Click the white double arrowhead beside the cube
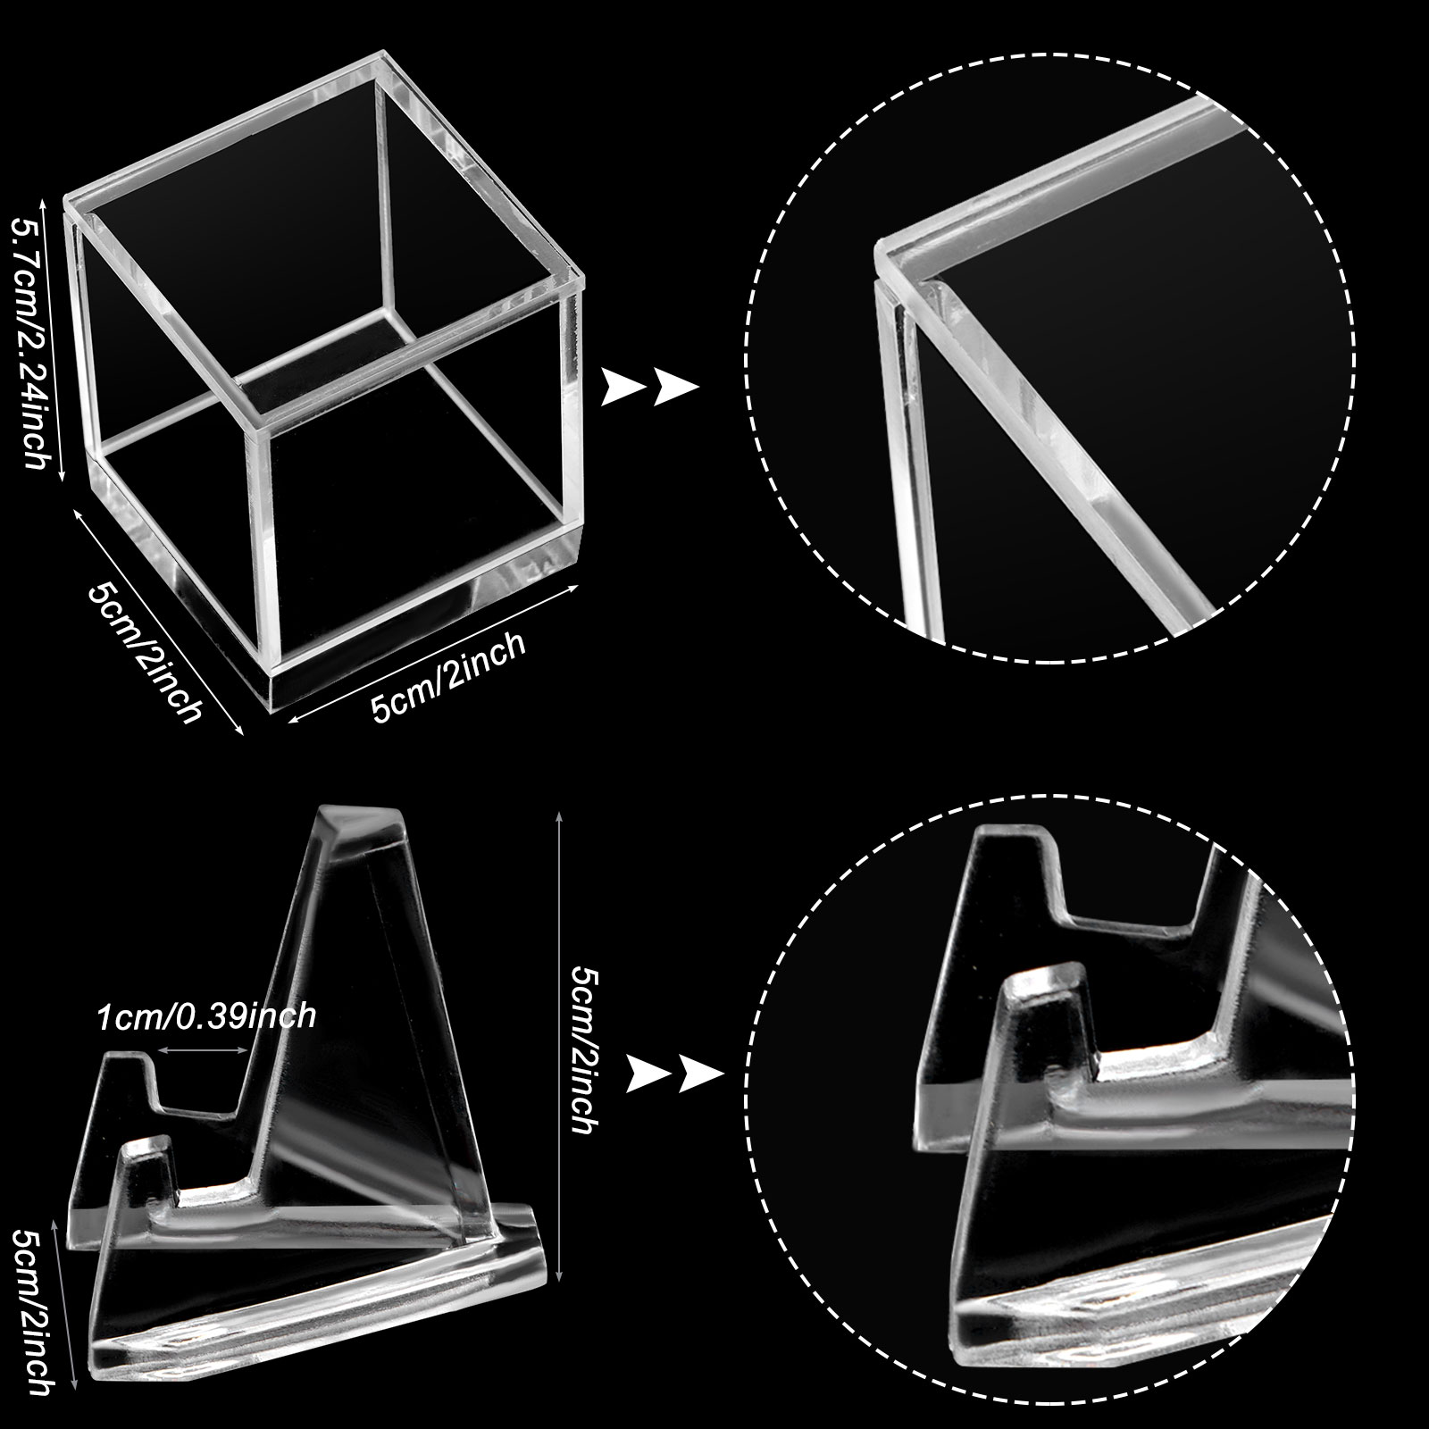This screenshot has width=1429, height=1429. [649, 387]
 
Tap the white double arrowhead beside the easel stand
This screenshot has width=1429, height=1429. [674, 1073]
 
